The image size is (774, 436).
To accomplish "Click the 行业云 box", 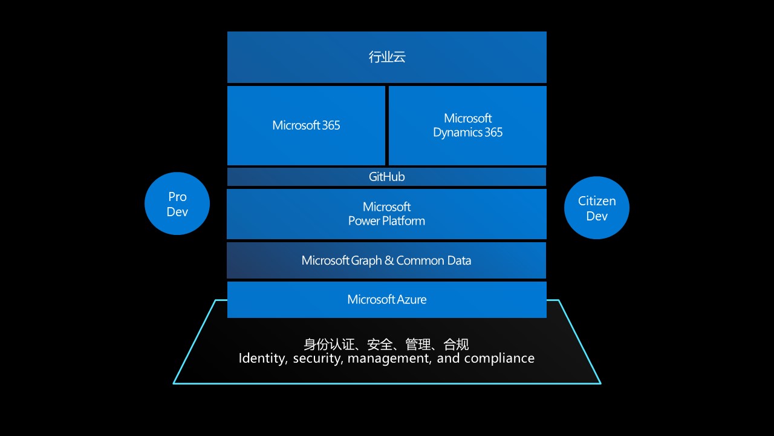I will [x=387, y=57].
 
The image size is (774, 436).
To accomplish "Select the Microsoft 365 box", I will [x=306, y=125].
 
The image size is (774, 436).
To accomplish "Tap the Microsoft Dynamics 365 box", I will [x=467, y=125].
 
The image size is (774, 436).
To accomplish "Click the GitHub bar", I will [x=387, y=177].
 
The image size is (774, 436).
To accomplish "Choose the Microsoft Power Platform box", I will [x=387, y=214].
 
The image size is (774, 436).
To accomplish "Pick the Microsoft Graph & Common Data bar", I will [x=387, y=260].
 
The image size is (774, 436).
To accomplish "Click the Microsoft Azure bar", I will [x=387, y=299].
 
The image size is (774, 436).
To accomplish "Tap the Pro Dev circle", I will [x=177, y=204].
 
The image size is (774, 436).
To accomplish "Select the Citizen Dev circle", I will [x=597, y=208].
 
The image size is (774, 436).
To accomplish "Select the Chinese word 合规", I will [x=456, y=345].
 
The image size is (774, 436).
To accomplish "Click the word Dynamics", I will [x=455, y=133].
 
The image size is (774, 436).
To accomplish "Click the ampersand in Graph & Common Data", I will [x=389, y=260].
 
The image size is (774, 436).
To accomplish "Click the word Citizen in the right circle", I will [x=597, y=201].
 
